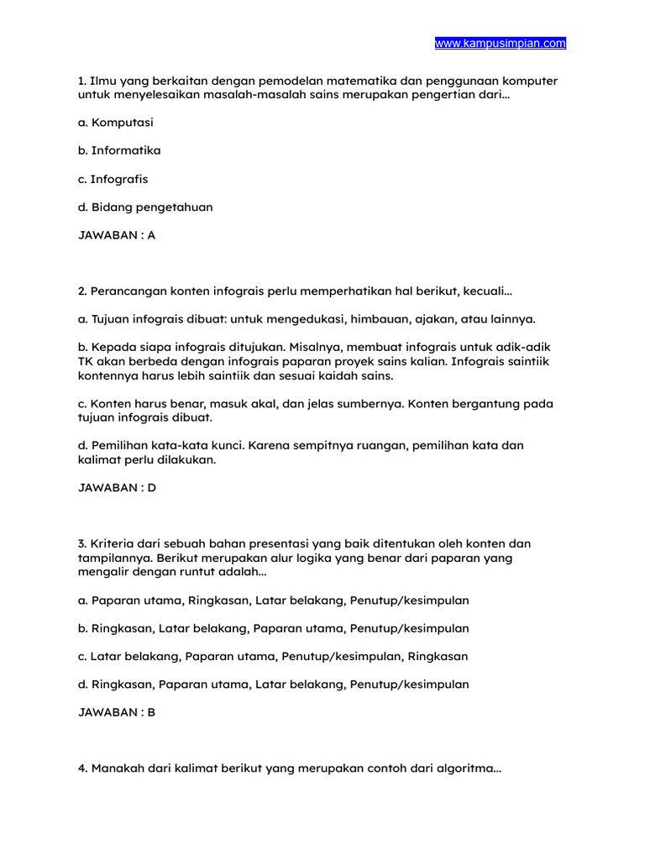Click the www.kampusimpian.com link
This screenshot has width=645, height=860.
[500, 43]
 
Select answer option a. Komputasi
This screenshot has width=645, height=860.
[116, 123]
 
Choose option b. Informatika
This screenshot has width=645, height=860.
[119, 150]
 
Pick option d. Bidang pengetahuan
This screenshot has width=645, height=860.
[145, 207]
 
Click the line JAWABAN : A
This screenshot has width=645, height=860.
[117, 235]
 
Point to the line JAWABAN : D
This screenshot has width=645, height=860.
[117, 487]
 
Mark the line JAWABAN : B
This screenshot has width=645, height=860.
[117, 712]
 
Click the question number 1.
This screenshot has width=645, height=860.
[81, 81]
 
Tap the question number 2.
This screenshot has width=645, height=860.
[82, 291]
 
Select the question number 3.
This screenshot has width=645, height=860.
[82, 544]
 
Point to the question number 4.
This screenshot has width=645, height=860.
[82, 768]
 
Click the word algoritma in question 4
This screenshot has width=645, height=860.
[469, 768]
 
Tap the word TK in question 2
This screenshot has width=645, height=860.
[86, 361]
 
